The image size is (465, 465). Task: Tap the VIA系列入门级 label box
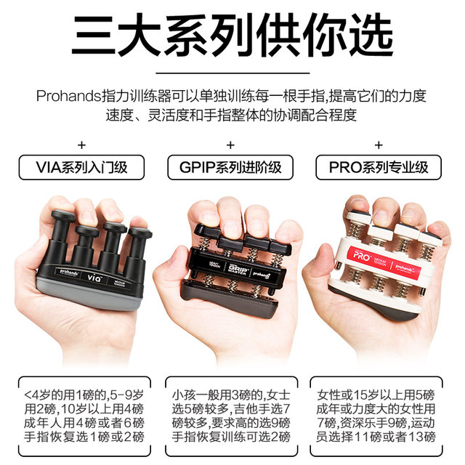[x=81, y=168]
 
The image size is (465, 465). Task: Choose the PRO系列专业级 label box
[x=383, y=168]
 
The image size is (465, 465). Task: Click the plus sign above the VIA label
[x=81, y=143]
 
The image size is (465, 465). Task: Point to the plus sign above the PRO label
[x=383, y=143]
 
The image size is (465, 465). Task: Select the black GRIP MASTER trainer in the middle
[x=232, y=265]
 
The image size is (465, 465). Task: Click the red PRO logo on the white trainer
[x=361, y=256]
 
